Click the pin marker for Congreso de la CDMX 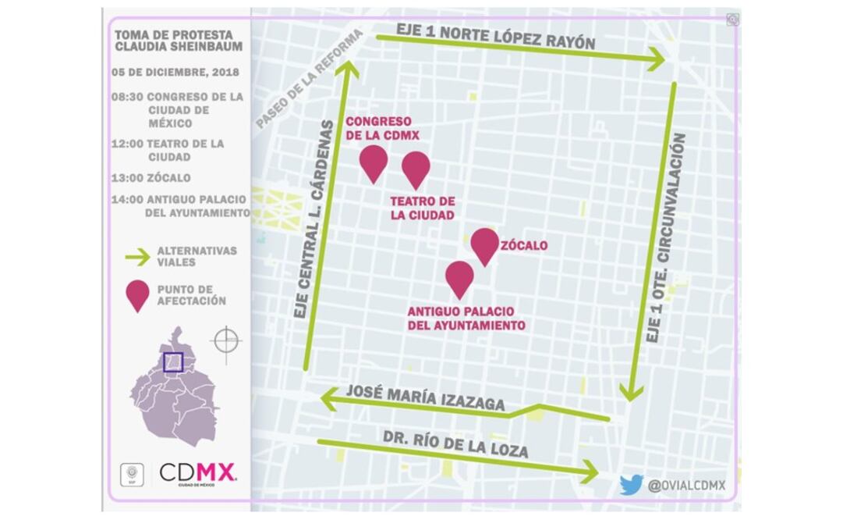click(x=374, y=162)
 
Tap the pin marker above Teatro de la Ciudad click(x=416, y=167)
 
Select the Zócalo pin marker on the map click(x=485, y=244)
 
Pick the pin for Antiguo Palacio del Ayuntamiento click(x=460, y=276)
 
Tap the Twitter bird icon click(x=631, y=485)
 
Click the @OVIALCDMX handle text click(x=687, y=486)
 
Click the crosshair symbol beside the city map click(x=226, y=340)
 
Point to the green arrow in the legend click(x=138, y=256)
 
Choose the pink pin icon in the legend click(x=138, y=295)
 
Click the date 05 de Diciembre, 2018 click(x=175, y=72)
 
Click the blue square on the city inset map click(x=173, y=362)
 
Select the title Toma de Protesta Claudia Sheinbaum click(x=178, y=41)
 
